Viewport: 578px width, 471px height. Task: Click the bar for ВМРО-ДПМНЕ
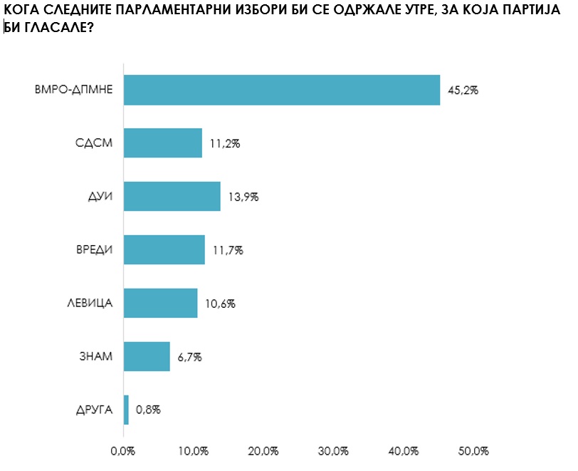pyautogui.click(x=282, y=90)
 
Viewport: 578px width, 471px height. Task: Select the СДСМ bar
pyautogui.click(x=163, y=143)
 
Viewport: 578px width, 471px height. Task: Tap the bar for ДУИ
pyautogui.click(x=172, y=197)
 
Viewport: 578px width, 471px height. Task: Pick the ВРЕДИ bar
pyautogui.click(x=164, y=250)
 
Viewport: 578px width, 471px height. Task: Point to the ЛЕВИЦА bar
pyautogui.click(x=161, y=303)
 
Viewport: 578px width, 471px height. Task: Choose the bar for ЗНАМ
pyautogui.click(x=147, y=356)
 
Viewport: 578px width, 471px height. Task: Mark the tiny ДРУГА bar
pyautogui.click(x=126, y=410)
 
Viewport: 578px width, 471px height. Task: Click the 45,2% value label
pyautogui.click(x=463, y=90)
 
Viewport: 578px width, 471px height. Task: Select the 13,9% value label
pyautogui.click(x=243, y=197)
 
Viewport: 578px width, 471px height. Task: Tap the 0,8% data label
pyautogui.click(x=149, y=410)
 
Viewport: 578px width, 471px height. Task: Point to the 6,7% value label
pyautogui.click(x=190, y=357)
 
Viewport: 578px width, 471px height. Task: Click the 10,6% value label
pyautogui.click(x=220, y=304)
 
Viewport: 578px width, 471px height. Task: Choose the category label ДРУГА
pyautogui.click(x=93, y=410)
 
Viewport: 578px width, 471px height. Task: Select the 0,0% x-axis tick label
pyautogui.click(x=123, y=451)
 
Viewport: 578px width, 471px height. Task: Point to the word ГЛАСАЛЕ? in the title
pyautogui.click(x=60, y=28)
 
